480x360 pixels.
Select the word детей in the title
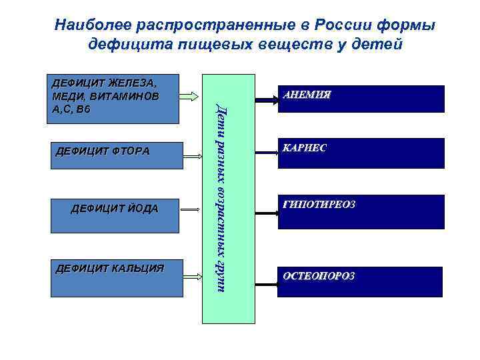[377, 45]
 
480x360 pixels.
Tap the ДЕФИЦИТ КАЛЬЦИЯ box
[114, 277]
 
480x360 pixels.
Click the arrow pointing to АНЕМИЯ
[267, 100]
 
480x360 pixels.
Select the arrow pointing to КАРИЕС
[267, 155]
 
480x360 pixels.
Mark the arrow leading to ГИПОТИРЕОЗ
[267, 213]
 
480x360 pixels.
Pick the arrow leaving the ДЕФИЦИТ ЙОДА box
[193, 211]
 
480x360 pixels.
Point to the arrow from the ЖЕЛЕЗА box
[193, 93]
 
